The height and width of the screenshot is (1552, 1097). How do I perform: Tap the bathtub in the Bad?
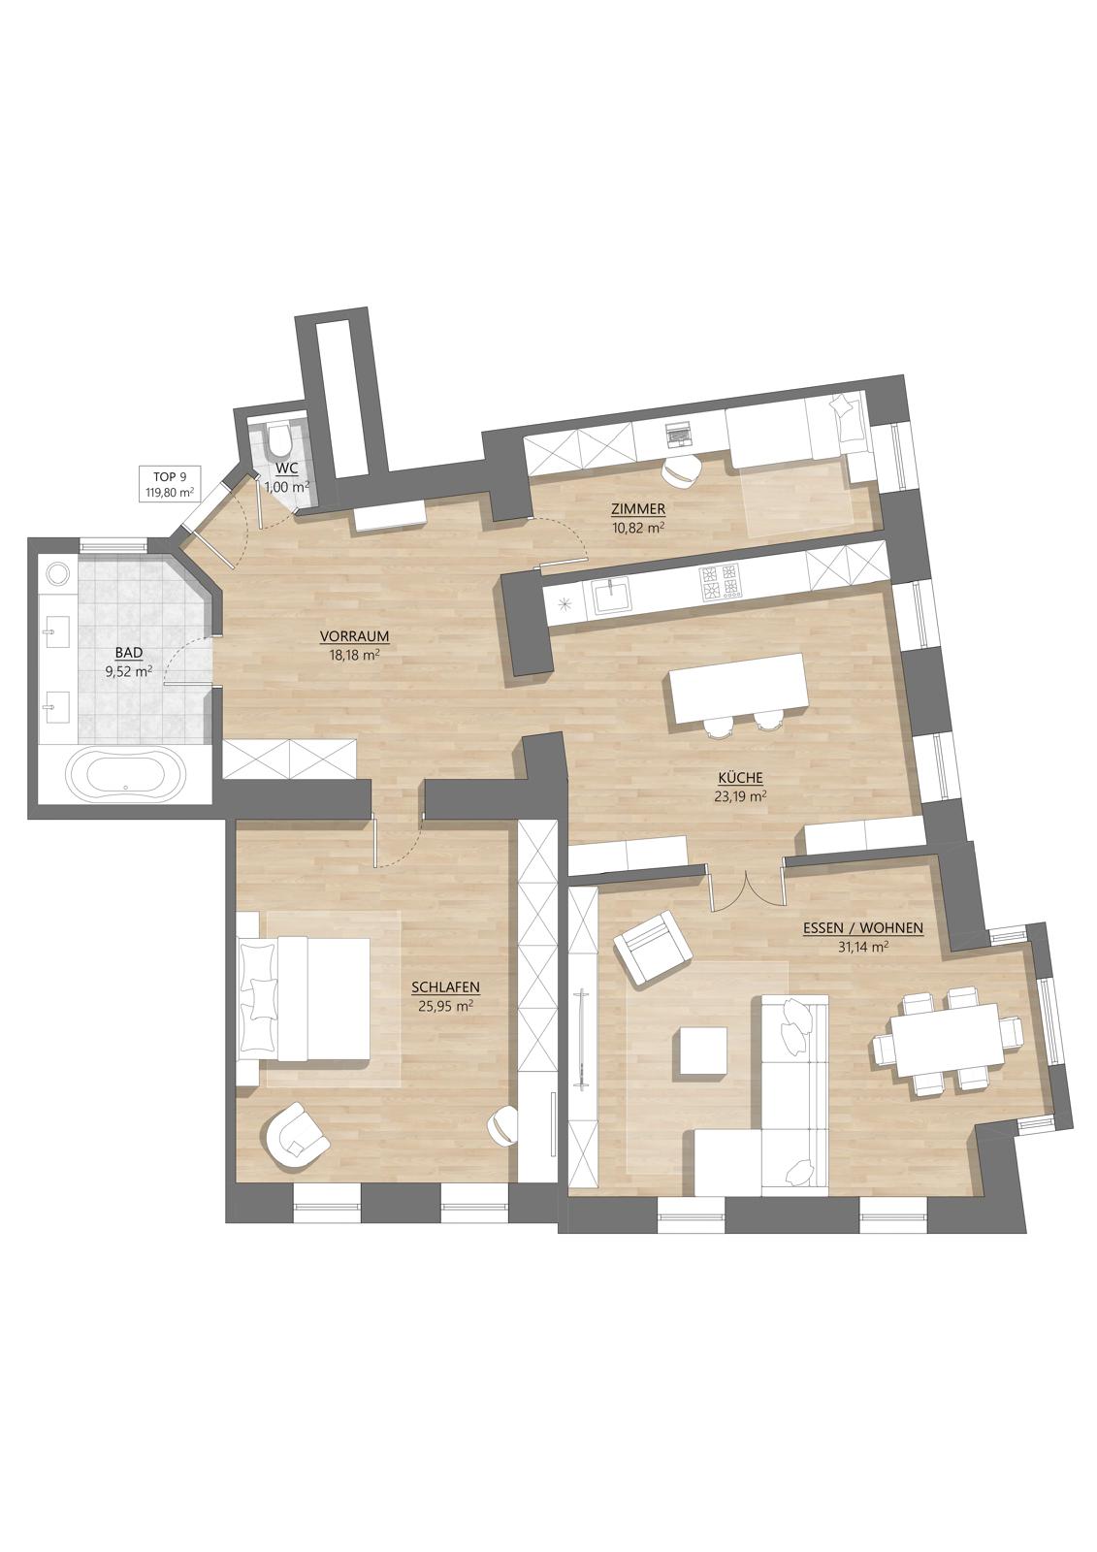(126, 774)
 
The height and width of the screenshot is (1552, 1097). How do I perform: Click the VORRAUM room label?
(355, 636)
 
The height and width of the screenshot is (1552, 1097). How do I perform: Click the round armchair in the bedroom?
(295, 1139)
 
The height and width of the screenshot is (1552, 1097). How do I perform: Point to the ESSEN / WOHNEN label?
(863, 929)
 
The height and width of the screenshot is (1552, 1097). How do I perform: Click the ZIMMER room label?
(637, 509)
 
